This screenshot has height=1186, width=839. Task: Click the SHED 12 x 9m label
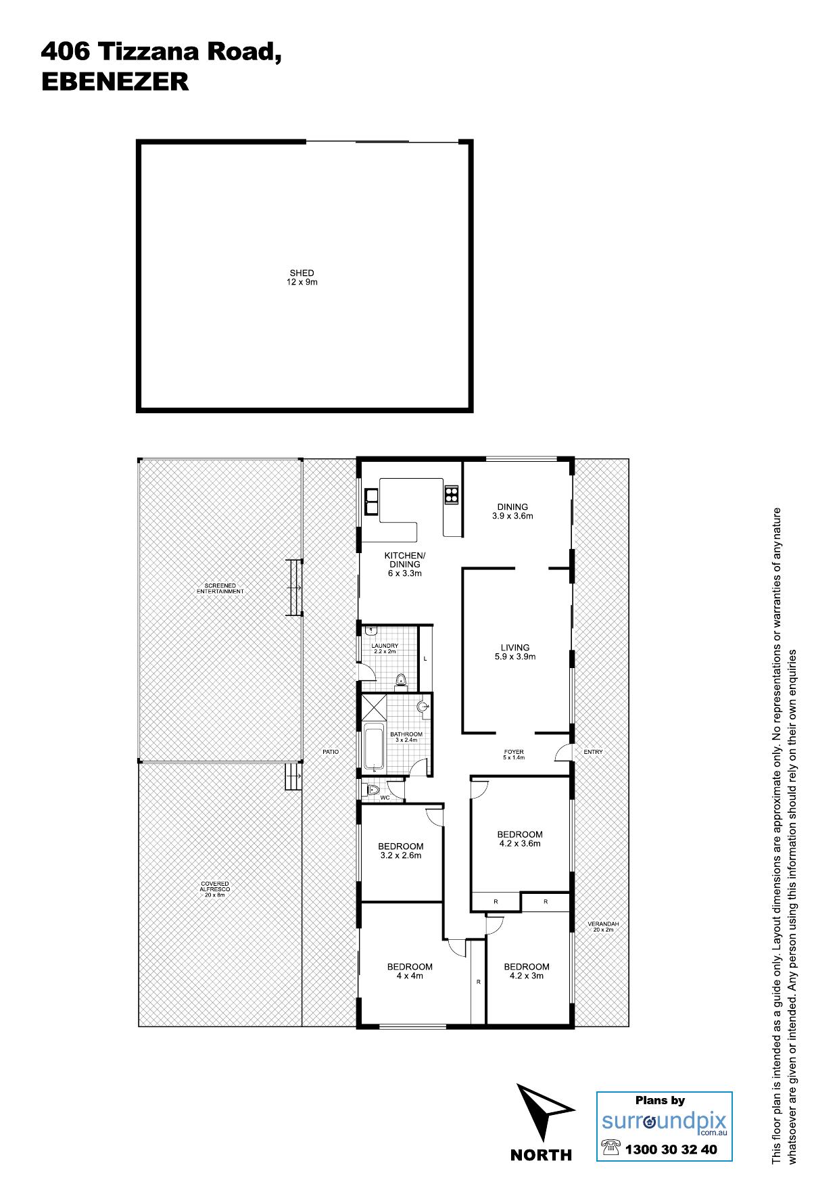click(302, 277)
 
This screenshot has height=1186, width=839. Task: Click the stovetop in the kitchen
click(451, 494)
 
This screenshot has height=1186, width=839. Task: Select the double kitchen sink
click(371, 502)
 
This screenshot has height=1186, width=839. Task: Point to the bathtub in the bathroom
click(374, 747)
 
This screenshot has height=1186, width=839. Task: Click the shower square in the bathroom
click(374, 707)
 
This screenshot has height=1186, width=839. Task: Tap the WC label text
click(385, 798)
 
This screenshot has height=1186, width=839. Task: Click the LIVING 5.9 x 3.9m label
click(515, 652)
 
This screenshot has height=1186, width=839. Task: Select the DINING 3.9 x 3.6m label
click(512, 511)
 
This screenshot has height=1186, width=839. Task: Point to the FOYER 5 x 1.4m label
click(514, 755)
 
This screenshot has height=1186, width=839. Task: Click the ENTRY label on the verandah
click(593, 752)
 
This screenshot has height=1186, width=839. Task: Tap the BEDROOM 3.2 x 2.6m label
click(401, 851)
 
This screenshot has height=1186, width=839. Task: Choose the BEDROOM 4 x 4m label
click(410, 971)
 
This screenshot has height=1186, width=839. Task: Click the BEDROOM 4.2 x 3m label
click(527, 971)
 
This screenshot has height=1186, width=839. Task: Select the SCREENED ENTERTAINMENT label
click(220, 588)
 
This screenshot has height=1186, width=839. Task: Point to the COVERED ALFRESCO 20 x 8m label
click(215, 889)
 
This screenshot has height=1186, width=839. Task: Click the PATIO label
click(331, 752)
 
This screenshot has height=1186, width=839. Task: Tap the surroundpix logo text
click(665, 1121)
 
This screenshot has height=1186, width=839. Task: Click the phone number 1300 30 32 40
click(671, 1149)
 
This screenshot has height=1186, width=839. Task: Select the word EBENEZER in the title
click(115, 82)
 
